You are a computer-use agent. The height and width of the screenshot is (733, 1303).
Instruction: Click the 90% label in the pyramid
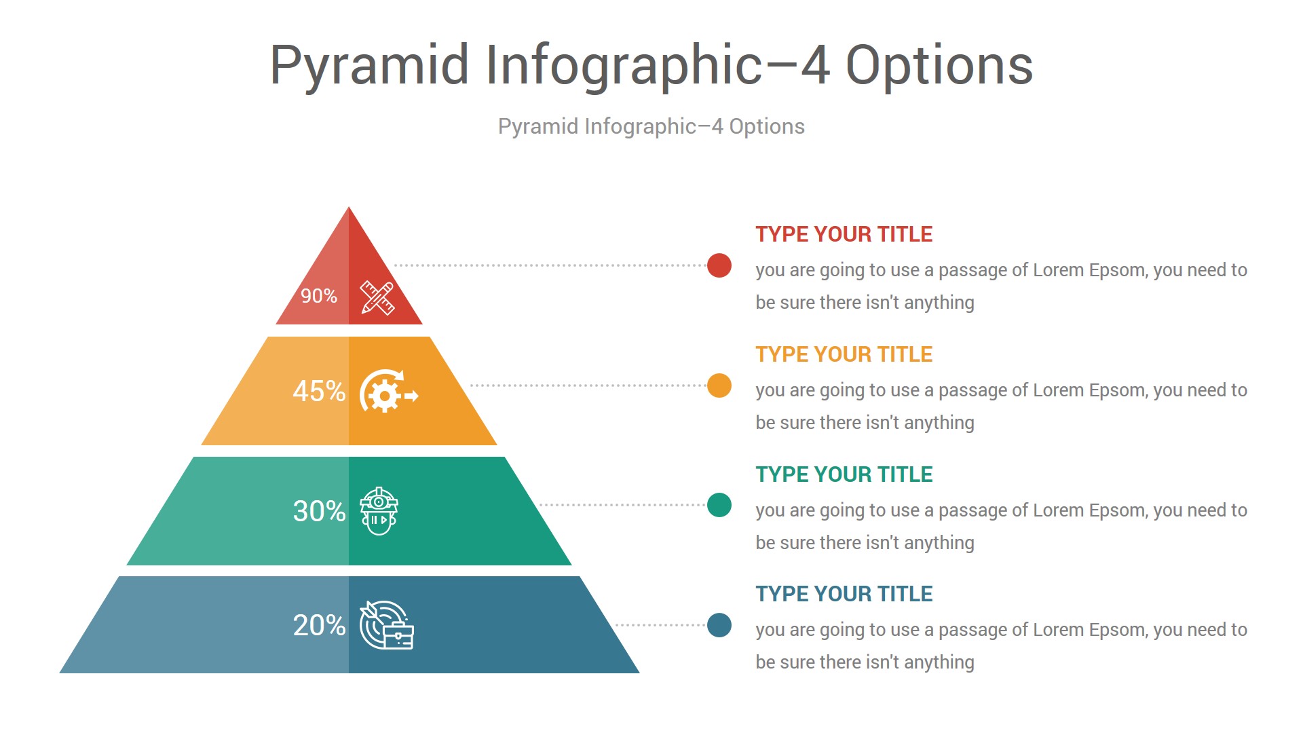click(x=319, y=296)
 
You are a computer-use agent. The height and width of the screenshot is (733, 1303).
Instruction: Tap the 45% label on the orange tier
click(x=319, y=391)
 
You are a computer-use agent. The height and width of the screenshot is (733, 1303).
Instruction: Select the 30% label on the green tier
click(x=319, y=511)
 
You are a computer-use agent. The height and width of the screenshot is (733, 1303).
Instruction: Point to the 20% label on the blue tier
click(x=319, y=625)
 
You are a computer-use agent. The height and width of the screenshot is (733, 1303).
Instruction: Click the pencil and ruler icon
click(x=377, y=298)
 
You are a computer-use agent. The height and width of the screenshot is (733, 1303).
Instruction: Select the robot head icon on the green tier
click(x=379, y=511)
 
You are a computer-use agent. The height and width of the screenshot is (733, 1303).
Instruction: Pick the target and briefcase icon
click(x=386, y=625)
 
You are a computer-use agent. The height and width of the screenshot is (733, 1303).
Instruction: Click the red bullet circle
click(x=719, y=265)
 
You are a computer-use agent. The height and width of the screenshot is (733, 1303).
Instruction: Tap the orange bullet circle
click(x=719, y=386)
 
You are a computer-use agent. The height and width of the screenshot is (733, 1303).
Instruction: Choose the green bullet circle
click(x=719, y=505)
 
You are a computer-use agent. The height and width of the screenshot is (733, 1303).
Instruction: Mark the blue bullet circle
click(x=719, y=625)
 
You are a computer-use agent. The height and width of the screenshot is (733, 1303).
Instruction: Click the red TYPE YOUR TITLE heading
click(x=844, y=234)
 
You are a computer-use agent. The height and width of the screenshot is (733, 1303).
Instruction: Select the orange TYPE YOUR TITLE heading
click(x=844, y=354)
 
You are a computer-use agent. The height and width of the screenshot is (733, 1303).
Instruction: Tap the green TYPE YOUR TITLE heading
click(x=844, y=474)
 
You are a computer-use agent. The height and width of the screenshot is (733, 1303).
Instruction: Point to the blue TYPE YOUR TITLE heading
click(x=844, y=594)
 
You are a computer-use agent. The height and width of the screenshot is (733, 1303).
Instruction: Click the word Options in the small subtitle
click(x=767, y=127)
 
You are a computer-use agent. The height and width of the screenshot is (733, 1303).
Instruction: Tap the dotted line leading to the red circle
click(x=550, y=265)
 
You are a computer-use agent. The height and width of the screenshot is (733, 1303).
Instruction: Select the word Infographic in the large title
click(x=624, y=67)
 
